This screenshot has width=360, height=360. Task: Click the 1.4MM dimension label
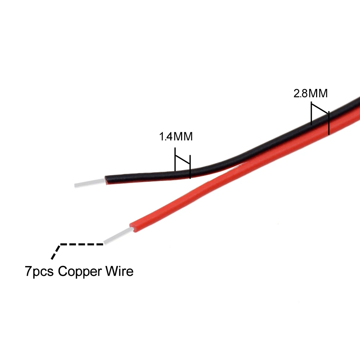tap(176, 137)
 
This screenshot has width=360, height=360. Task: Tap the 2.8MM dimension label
tap(311, 94)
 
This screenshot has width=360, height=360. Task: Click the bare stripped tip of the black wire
tap(90, 183)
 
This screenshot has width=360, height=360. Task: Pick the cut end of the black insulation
tap(106, 179)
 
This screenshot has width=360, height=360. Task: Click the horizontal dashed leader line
tap(82, 244)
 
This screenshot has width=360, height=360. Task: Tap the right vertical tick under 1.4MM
tap(190, 166)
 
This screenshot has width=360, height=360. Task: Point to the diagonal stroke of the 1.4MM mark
tap(183, 159)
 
